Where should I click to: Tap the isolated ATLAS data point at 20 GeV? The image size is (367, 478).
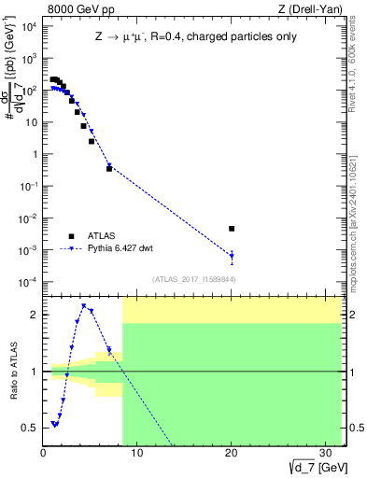[232, 228]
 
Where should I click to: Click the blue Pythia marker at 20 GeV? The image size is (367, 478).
[232, 255]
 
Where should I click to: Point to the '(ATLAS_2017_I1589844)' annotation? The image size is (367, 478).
[192, 278]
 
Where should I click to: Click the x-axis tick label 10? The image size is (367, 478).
[136, 453]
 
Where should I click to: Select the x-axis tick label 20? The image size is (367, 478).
[231, 453]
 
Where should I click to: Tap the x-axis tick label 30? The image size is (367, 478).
[325, 453]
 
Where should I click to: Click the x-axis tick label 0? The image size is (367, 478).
[43, 453]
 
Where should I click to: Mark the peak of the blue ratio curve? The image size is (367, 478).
[84, 305]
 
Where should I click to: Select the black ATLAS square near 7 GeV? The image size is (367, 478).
[109, 169]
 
